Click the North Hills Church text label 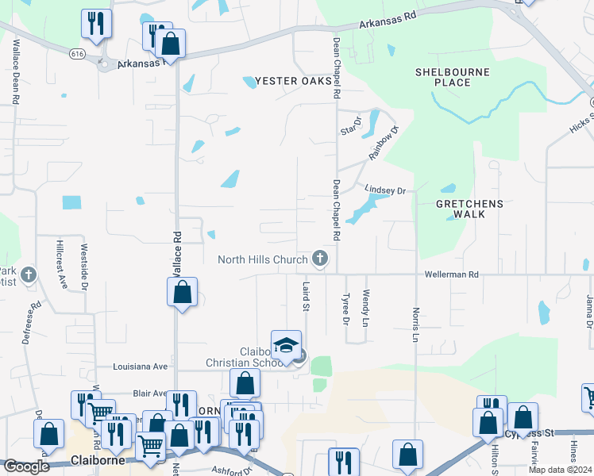pyautogui.click(x=262, y=259)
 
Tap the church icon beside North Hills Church pyautogui.click(x=319, y=258)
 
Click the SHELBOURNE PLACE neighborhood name pyautogui.click(x=453, y=77)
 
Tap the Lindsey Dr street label pyautogui.click(x=385, y=190)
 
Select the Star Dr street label pyautogui.click(x=351, y=125)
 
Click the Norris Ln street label pyautogui.click(x=415, y=325)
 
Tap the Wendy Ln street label pyautogui.click(x=365, y=309)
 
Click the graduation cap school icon pyautogui.click(x=286, y=346)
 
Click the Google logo pyautogui.click(x=26, y=466)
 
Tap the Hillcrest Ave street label pyautogui.click(x=60, y=263)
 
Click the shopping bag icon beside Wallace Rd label pyautogui.click(x=183, y=292)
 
